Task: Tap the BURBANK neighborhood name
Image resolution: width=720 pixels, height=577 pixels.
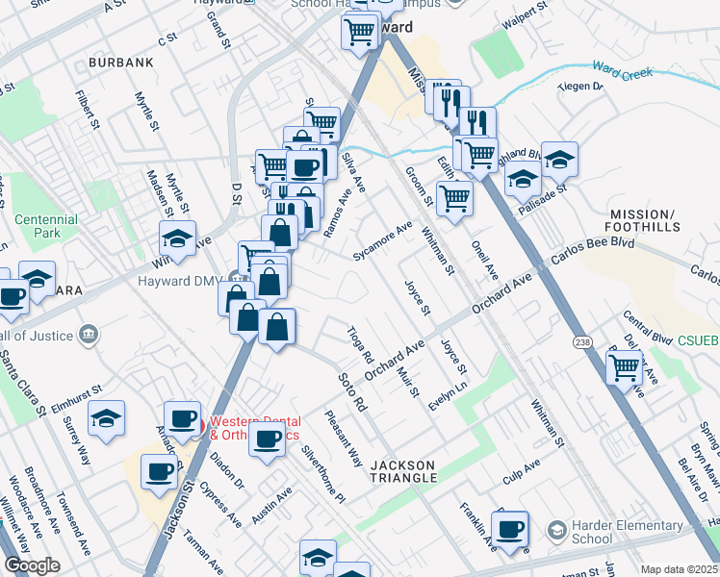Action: tap(120, 63)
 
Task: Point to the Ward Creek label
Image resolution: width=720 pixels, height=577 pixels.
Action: tap(623, 71)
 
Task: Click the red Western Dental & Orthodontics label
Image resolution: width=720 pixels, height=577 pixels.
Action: tap(255, 428)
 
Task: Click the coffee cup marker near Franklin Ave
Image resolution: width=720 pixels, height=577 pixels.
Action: tap(509, 528)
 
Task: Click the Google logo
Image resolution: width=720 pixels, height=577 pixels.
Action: tap(32, 566)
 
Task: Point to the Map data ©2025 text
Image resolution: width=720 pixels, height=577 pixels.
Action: tap(678, 569)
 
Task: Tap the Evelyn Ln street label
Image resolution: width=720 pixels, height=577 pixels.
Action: tap(448, 396)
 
